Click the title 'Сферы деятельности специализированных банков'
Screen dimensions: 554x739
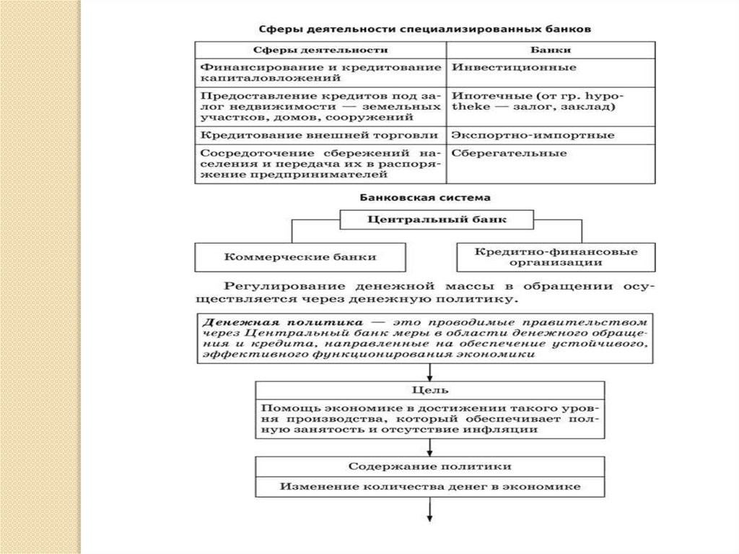[425, 30]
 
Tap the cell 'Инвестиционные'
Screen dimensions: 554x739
[514, 67]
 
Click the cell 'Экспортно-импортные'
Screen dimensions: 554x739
[533, 135]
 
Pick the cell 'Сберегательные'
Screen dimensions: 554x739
[510, 153]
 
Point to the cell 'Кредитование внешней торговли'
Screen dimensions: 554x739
[319, 135]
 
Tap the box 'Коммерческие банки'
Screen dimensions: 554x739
[300, 256]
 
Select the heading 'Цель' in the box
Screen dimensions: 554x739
[430, 390]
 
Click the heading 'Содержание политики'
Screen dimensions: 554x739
[430, 467]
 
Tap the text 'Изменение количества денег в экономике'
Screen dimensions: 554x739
[430, 487]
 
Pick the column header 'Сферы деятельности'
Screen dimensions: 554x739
[321, 51]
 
